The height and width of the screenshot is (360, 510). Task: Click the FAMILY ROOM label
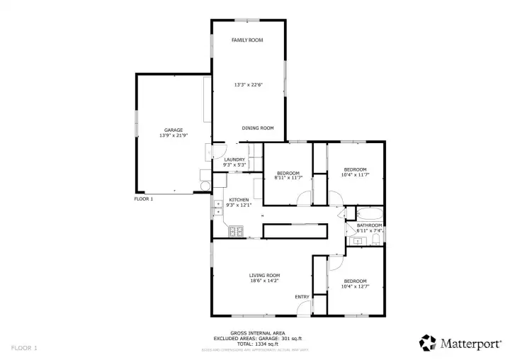pos(247,40)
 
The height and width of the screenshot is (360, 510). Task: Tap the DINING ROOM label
pos(257,128)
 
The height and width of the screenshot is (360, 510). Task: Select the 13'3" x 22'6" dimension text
pos(248,84)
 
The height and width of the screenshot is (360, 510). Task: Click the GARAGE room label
pos(174,130)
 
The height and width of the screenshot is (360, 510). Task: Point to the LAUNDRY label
pos(234,159)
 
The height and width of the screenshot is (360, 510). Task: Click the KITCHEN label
pos(238,200)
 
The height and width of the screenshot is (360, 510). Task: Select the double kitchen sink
pos(217,207)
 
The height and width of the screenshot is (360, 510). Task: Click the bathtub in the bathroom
pos(369,213)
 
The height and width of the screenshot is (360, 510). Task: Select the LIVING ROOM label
pos(264,275)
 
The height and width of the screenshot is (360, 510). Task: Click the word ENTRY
pos(302,296)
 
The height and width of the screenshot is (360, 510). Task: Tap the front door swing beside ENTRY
pos(304,308)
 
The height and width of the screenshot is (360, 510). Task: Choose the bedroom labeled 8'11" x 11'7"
pos(288,175)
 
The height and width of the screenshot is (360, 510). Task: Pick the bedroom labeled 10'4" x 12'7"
pos(355,283)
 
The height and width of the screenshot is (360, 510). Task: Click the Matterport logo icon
pos(427,343)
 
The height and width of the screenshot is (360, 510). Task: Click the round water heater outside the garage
pos(205,186)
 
